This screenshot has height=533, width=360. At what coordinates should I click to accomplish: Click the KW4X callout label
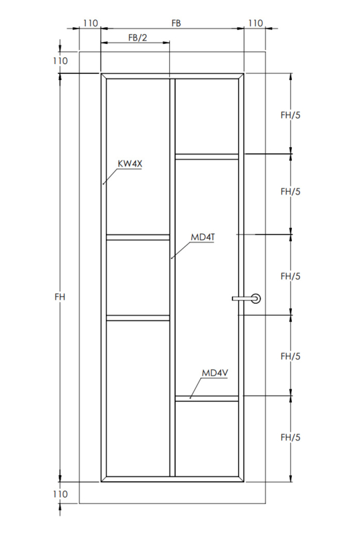(130, 164)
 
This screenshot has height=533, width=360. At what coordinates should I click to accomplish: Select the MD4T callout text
(203, 237)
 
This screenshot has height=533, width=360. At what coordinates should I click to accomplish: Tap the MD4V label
(215, 373)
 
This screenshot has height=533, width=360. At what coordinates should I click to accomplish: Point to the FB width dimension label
(176, 23)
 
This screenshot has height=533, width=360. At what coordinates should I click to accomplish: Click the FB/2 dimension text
(138, 37)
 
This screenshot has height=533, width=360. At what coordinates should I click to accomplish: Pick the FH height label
(60, 296)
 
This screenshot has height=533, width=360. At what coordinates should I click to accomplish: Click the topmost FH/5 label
(291, 115)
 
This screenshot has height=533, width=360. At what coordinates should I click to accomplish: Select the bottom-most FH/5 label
(291, 437)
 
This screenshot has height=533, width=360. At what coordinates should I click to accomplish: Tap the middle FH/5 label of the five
(291, 276)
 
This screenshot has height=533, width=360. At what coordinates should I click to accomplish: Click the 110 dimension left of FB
(91, 23)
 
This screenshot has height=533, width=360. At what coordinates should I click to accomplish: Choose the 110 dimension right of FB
(255, 23)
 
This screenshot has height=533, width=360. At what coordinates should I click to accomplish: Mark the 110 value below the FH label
(60, 494)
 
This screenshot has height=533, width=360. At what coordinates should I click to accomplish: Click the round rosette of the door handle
(255, 298)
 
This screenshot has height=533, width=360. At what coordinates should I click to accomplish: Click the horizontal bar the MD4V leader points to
(207, 398)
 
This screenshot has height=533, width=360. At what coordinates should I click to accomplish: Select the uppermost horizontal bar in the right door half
(207, 157)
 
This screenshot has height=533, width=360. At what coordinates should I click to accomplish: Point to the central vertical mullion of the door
(172, 277)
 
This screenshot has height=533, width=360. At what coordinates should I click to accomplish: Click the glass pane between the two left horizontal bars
(138, 277)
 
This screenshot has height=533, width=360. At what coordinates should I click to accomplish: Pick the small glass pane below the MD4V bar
(207, 439)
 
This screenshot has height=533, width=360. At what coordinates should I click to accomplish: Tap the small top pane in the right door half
(207, 116)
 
